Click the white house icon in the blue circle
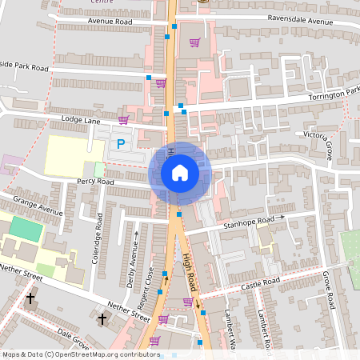click(179, 172)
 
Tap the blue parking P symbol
click(121, 144)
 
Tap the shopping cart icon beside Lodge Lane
click(123, 120)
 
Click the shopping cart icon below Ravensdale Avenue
click(194, 42)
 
